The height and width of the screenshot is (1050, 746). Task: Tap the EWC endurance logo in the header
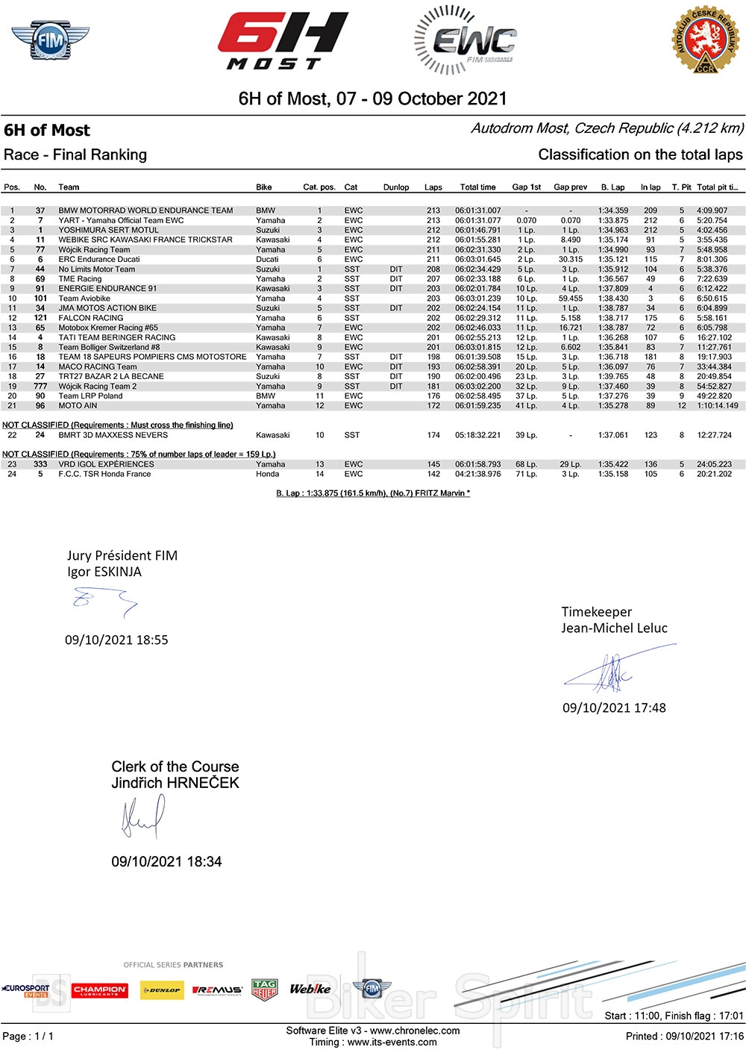[465, 41]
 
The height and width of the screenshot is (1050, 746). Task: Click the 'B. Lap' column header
[612, 187]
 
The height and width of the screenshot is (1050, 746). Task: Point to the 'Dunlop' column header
[396, 187]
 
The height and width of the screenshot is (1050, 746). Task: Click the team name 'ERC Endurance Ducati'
[99, 259]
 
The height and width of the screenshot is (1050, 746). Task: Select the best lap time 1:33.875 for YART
[612, 220]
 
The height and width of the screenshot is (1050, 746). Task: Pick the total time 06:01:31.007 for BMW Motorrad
[478, 210]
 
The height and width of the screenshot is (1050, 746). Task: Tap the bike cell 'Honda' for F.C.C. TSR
[267, 474]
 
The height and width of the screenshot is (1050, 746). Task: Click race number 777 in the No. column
[40, 387]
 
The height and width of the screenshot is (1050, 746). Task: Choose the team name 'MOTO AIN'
[78, 406]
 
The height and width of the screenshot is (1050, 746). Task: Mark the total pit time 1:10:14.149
[717, 406]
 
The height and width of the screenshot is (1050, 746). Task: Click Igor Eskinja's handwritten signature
[105, 600]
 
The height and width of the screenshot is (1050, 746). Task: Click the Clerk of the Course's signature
[142, 817]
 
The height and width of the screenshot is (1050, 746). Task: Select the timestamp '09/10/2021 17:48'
[614, 707]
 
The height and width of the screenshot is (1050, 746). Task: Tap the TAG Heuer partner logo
[265, 990]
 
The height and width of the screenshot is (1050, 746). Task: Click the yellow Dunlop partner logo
[162, 990]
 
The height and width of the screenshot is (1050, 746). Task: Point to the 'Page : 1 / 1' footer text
[28, 1036]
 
